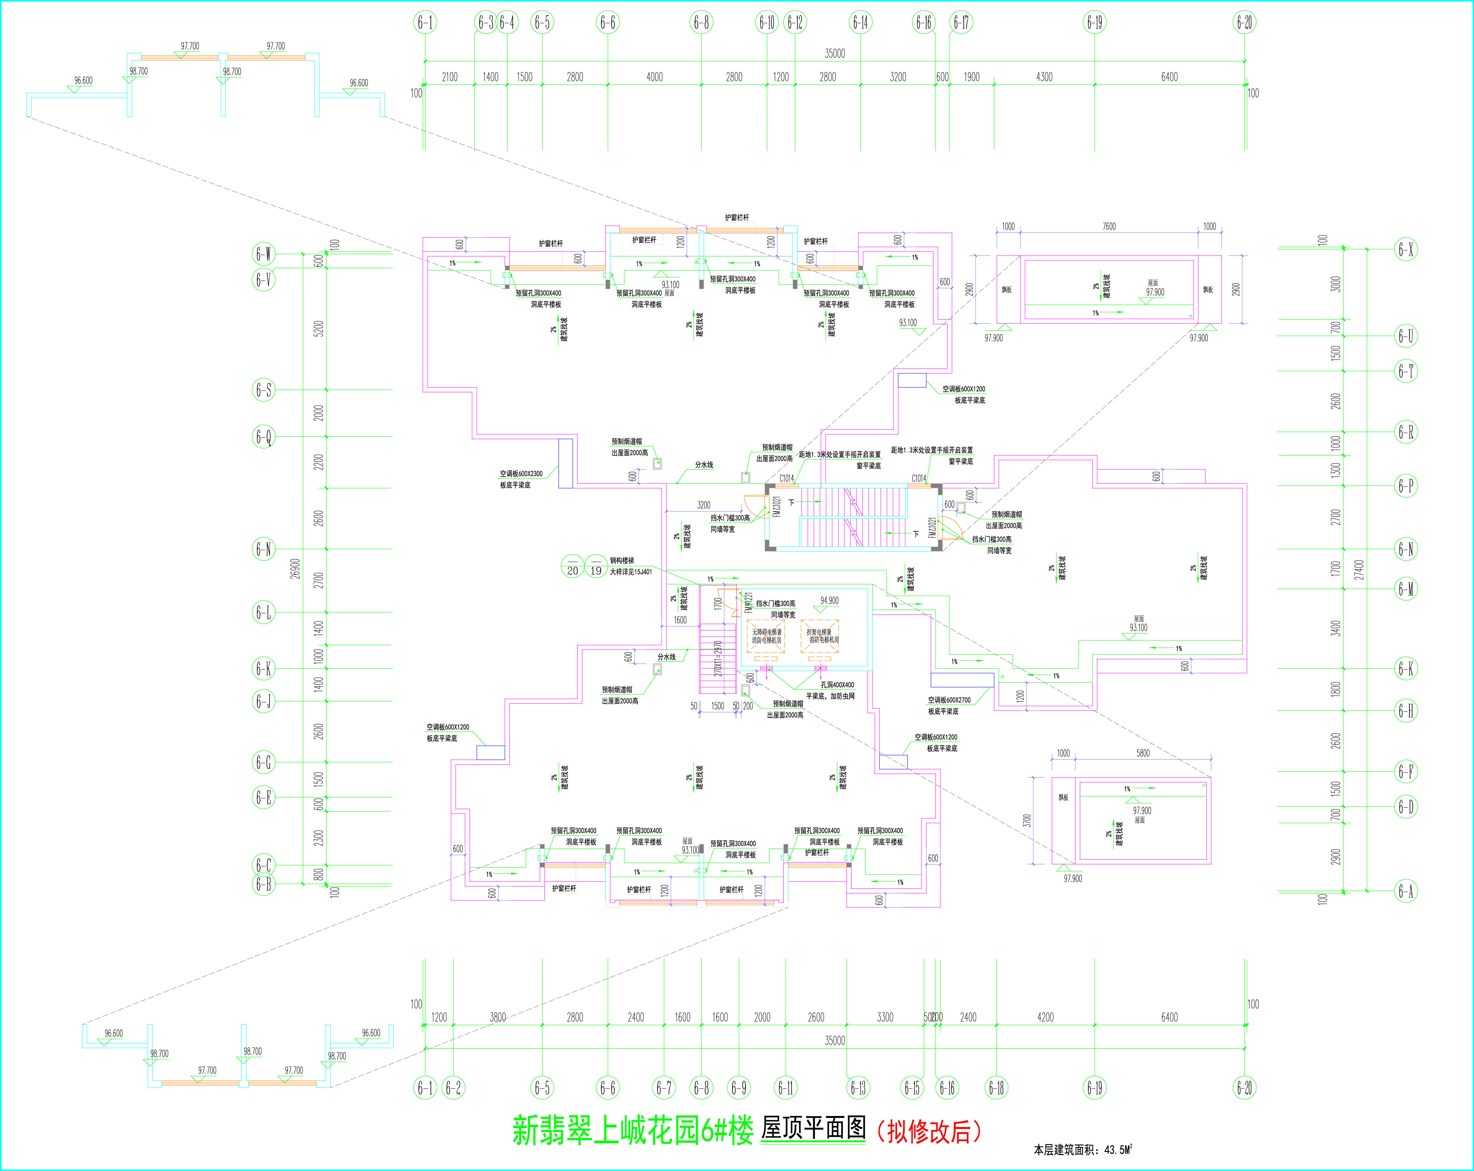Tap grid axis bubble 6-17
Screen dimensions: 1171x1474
[x=961, y=22]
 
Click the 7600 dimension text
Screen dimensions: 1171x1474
[x=1109, y=226]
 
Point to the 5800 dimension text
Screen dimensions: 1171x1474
[x=1143, y=753]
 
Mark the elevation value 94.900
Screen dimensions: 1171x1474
[x=829, y=601]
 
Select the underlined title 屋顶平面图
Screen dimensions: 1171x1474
[x=813, y=1129]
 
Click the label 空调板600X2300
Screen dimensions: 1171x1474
[x=521, y=473]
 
